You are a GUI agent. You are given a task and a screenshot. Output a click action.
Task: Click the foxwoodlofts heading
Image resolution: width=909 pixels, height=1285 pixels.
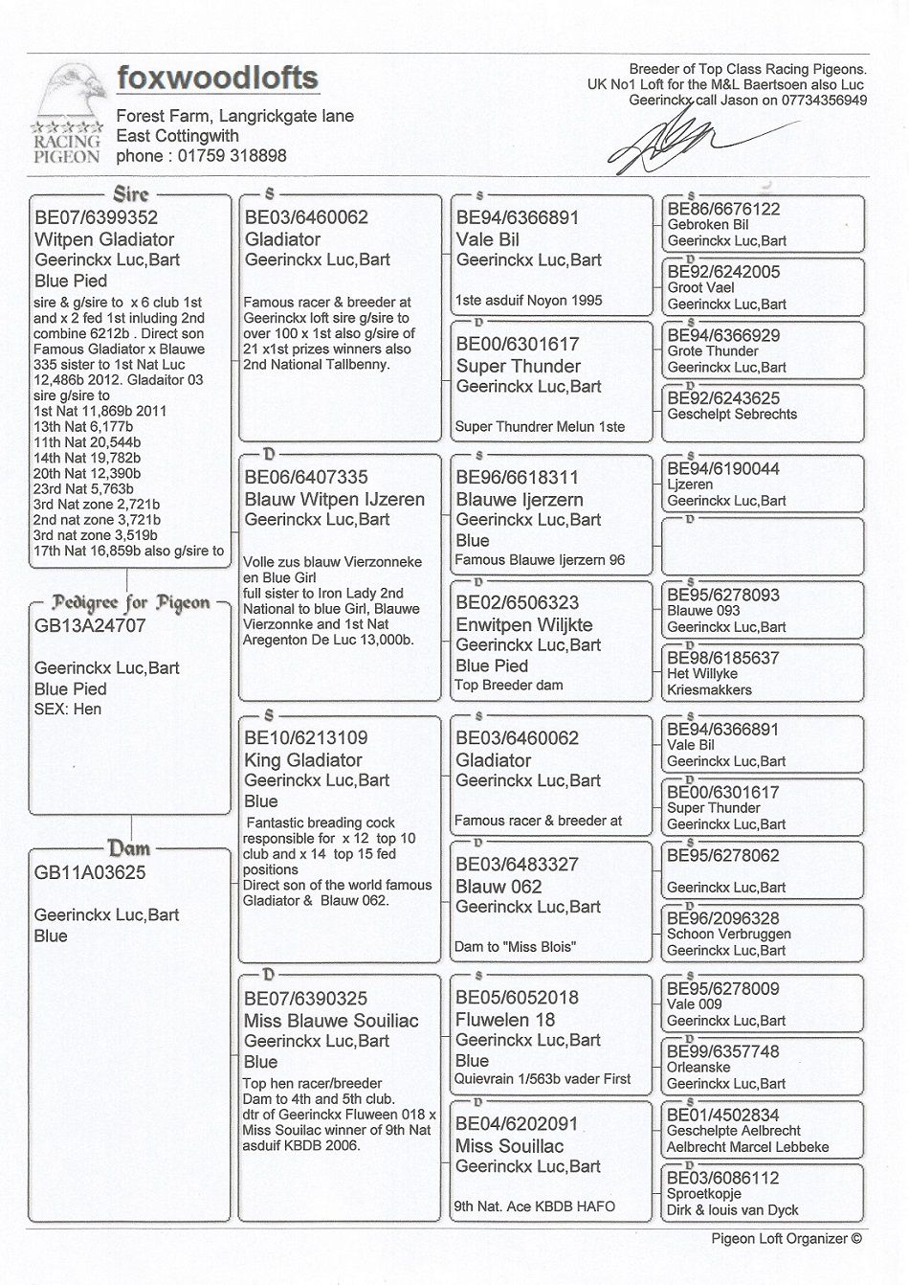[217, 78]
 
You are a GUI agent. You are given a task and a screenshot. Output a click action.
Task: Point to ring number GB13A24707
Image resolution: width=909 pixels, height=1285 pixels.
[90, 626]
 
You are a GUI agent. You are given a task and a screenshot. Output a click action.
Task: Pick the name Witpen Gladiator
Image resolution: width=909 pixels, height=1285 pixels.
[104, 239]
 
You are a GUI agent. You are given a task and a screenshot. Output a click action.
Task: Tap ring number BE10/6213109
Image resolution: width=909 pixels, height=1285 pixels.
[305, 738]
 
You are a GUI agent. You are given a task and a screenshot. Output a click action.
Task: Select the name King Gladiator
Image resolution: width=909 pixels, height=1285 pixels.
[302, 760]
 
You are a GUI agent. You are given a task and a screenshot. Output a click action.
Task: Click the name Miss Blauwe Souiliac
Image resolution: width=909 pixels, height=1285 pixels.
[331, 1021]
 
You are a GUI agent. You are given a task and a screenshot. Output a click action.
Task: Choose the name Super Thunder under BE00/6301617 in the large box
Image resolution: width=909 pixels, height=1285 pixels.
[518, 366]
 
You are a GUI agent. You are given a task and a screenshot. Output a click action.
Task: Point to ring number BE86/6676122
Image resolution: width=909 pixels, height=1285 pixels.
[723, 210]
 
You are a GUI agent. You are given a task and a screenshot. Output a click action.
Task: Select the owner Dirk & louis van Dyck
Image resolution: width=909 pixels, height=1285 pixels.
[732, 1210]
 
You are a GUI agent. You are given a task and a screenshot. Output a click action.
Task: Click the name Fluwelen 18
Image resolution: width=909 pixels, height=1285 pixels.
[505, 1020]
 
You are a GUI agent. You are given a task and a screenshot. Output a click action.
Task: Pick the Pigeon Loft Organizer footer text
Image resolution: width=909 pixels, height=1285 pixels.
[786, 1238]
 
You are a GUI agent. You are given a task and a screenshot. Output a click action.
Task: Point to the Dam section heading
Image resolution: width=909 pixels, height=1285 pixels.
[128, 848]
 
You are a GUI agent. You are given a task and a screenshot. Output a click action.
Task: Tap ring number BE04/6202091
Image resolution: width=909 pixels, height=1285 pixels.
[517, 1124]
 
